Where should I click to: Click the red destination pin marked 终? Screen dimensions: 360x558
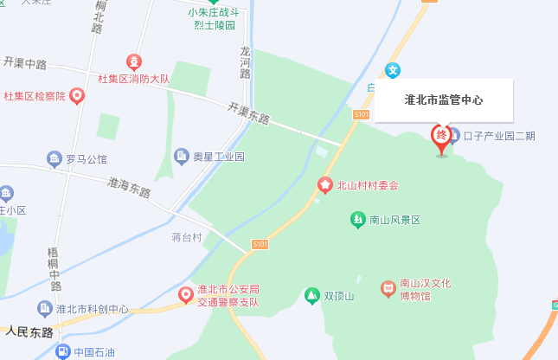[x=441, y=136]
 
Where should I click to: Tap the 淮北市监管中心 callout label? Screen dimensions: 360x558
[x=444, y=100]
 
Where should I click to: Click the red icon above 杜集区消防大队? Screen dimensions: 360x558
[x=134, y=61]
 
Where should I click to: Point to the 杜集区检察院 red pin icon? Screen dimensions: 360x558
[x=76, y=96]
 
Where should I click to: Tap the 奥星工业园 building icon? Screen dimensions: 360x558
[x=182, y=157]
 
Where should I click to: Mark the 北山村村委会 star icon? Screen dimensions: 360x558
[x=325, y=184]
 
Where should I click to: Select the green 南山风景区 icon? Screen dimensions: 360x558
[x=357, y=220]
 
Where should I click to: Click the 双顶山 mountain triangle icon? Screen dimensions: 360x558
[x=311, y=296]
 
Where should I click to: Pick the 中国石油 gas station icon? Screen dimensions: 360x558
[x=62, y=351]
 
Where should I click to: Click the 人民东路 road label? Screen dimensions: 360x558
[x=29, y=332]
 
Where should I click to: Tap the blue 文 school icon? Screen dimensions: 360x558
[x=393, y=69]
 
